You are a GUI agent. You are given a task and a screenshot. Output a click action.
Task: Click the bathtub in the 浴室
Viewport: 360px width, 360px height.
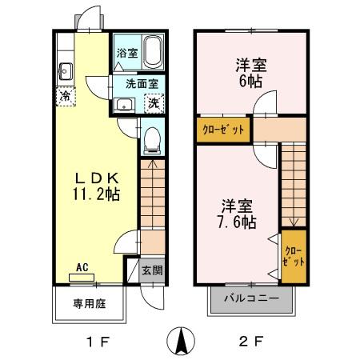[152, 54]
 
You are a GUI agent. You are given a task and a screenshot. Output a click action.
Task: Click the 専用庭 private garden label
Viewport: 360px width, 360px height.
[90, 304]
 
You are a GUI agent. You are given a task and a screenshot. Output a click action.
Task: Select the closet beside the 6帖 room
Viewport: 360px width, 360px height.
[222, 128]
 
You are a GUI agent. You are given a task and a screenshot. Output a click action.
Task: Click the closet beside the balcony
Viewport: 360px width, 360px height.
[294, 256]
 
